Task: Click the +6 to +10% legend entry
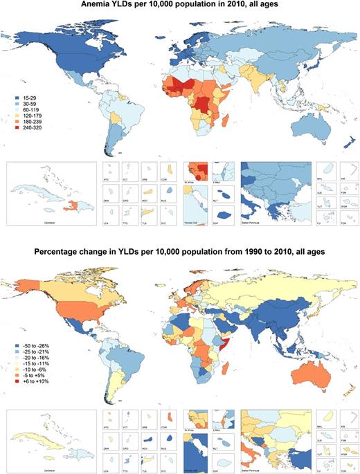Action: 28,382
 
